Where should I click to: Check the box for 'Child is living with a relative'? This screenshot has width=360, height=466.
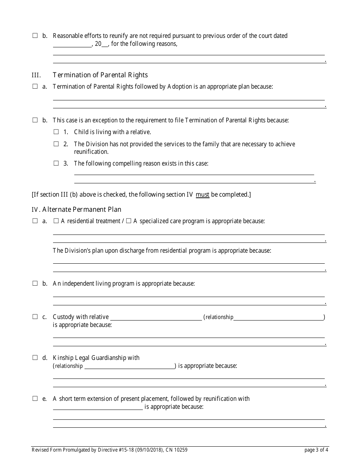[x=56, y=132]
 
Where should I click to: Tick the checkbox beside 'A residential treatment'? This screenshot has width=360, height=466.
[x=56, y=221]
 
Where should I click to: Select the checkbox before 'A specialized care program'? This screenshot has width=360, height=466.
[x=128, y=221]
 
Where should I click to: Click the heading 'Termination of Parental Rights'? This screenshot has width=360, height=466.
[x=100, y=75]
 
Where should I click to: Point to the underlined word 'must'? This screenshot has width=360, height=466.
[x=202, y=195]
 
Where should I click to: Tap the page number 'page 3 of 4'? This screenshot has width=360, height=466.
[x=316, y=450]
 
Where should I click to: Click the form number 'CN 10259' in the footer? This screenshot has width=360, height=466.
[x=177, y=450]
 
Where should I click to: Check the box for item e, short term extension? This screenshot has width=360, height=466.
[x=35, y=399]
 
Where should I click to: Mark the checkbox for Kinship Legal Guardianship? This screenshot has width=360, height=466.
[x=35, y=357]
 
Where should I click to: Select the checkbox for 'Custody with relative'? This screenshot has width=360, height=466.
[x=35, y=317]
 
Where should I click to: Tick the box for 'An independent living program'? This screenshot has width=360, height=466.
[x=35, y=283]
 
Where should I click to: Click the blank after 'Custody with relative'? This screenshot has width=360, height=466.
[x=156, y=317]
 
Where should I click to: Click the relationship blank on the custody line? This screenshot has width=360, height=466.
[x=279, y=317]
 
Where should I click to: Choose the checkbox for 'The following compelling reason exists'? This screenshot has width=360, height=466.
[x=56, y=163]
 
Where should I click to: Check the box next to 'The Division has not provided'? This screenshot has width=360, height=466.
[x=56, y=144]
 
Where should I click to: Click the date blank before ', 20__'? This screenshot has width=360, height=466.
[x=72, y=44]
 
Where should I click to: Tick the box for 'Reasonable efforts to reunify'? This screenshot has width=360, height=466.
[x=35, y=36]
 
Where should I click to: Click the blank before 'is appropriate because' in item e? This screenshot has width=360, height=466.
[x=98, y=407]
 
